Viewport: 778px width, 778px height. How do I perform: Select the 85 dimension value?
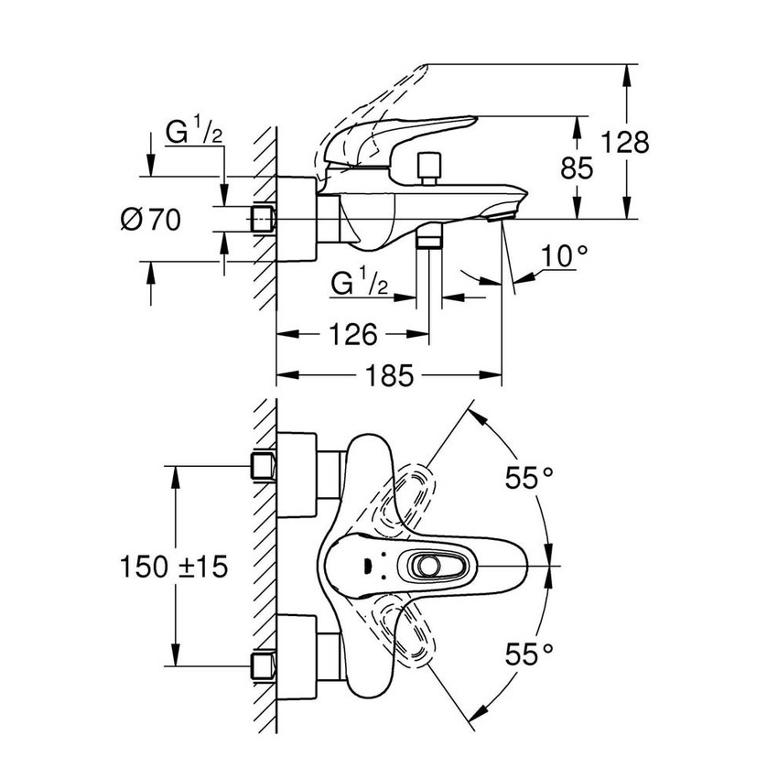coord(577,167)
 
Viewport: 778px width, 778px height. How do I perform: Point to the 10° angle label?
coord(561,257)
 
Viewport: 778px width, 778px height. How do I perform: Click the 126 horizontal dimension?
coord(353,335)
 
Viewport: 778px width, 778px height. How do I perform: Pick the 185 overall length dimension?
coord(389,375)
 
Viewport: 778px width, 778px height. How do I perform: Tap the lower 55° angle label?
coord(532,654)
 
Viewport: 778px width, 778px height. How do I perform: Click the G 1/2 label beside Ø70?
coord(193,135)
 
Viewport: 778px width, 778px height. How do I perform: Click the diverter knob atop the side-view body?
coord(426,167)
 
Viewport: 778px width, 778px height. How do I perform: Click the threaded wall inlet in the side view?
coord(264,219)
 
